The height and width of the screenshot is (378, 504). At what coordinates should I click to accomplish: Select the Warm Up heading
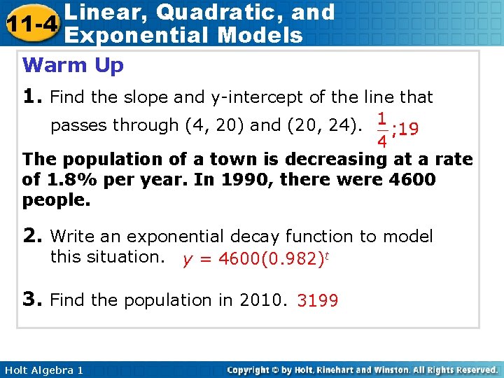(73, 66)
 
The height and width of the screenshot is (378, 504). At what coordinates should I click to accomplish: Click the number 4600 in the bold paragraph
(411, 179)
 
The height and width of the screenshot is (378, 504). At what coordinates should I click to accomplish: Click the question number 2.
(32, 237)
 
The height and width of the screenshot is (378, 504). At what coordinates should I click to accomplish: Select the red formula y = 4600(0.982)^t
(255, 260)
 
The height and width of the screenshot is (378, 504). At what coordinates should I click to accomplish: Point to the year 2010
(262, 300)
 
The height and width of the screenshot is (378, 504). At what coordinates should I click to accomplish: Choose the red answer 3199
(318, 302)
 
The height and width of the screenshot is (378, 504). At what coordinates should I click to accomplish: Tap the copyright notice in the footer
(363, 370)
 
